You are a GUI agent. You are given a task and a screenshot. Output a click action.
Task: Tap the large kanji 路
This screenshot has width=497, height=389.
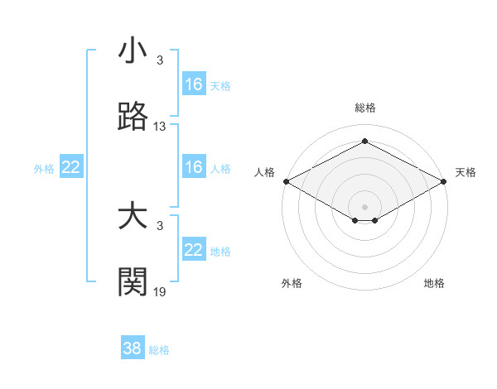coord(133,118)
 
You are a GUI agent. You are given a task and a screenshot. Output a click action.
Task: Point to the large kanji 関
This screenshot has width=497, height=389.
coord(133,282)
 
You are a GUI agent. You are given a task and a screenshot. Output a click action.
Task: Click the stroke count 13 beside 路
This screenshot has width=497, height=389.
coord(160,127)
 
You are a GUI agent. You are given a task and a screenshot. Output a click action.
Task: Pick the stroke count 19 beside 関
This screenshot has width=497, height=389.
coord(160,291)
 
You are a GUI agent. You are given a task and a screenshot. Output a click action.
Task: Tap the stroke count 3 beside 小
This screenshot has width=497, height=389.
coord(160,60)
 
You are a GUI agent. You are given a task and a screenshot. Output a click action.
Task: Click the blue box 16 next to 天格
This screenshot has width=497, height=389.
coord(194,84)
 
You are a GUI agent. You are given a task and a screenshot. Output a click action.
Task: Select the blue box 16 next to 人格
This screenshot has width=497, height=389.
coord(194,167)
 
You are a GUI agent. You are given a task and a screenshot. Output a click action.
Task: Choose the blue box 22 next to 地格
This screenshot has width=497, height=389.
coord(194,250)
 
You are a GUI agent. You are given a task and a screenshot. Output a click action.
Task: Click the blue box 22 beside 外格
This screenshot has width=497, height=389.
coord(71,167)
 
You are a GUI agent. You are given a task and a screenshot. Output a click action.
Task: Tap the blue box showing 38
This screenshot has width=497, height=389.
coord(133,348)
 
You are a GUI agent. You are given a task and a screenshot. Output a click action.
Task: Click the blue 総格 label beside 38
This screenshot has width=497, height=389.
coord(160,350)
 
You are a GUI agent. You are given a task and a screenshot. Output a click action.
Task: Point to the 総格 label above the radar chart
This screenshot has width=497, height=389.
coord(365,108)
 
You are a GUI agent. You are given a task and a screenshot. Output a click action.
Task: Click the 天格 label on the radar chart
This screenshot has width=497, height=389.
coord(466,172)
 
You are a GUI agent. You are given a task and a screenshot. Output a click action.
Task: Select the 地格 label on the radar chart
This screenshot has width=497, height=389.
coord(434,283)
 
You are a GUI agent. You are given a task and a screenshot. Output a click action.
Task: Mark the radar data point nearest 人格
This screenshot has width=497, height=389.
coord(285,181)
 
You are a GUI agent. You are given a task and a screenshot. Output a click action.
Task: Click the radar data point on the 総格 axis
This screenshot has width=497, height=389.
coord(365,142)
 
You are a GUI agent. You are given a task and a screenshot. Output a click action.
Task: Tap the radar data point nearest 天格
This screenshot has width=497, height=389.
coord(445,181)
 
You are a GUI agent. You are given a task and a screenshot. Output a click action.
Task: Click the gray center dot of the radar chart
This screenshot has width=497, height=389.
coord(365,206)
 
